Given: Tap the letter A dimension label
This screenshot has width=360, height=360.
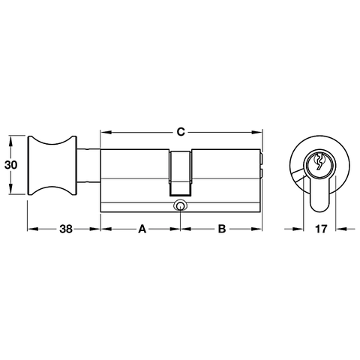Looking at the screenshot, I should [x=140, y=231].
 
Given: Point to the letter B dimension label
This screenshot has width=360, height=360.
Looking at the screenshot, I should [x=221, y=231].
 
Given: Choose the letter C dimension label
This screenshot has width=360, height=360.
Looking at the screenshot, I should [x=181, y=132].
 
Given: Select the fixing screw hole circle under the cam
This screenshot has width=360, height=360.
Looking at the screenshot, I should [x=180, y=206].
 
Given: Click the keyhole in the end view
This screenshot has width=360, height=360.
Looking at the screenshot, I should [x=319, y=162].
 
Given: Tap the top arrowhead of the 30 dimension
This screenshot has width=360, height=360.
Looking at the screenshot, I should [x=10, y=138].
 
